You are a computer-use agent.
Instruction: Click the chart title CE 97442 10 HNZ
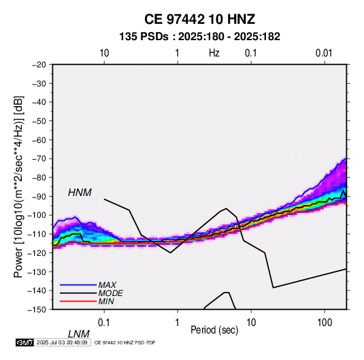tap(199, 19)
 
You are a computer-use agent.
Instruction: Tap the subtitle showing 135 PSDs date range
tap(199, 37)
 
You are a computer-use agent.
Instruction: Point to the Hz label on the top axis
tap(214, 53)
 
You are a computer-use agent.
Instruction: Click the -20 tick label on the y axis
tap(39, 65)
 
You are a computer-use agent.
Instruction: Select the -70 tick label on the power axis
tap(39, 159)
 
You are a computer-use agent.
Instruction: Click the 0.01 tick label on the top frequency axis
tap(324, 53)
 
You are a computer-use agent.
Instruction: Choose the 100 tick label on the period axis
tap(325, 323)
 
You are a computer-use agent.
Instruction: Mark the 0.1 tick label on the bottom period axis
tap(104, 323)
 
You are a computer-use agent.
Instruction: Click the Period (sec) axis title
tap(214, 330)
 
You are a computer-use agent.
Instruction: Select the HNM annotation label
tap(80, 193)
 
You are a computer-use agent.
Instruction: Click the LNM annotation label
tap(79, 334)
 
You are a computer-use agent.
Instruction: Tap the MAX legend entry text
tap(107, 285)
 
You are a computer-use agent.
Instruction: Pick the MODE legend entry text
tap(110, 293)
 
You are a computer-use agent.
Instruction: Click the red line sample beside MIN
tap(78, 301)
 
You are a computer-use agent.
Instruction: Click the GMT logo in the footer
tap(25, 342)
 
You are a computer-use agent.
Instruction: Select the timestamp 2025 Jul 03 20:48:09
tap(62, 342)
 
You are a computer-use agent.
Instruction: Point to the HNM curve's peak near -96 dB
tap(226, 208)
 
